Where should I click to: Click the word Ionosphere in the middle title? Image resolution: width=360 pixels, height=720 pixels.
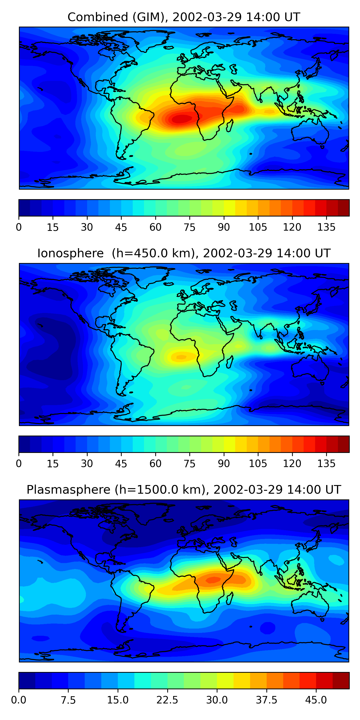click(70, 253)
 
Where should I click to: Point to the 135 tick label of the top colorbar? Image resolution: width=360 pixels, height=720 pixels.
click(326, 227)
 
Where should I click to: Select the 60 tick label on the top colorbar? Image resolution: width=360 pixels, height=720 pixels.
click(156, 227)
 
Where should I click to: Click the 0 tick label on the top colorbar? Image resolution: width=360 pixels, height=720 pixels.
click(19, 227)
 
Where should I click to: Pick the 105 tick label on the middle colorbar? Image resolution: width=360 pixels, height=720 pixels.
click(258, 463)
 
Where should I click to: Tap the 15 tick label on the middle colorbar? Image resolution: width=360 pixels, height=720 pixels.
click(53, 463)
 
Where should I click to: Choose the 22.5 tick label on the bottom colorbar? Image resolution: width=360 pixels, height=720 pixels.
click(167, 700)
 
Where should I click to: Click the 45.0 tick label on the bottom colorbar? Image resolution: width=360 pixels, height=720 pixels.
click(316, 700)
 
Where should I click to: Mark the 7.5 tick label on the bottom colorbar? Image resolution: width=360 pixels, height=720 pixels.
click(68, 700)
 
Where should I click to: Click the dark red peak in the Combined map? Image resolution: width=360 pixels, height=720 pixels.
click(182, 119)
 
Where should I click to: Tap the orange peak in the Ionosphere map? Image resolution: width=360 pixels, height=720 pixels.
click(181, 357)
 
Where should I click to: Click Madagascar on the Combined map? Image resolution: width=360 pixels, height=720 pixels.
click(230, 126)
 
